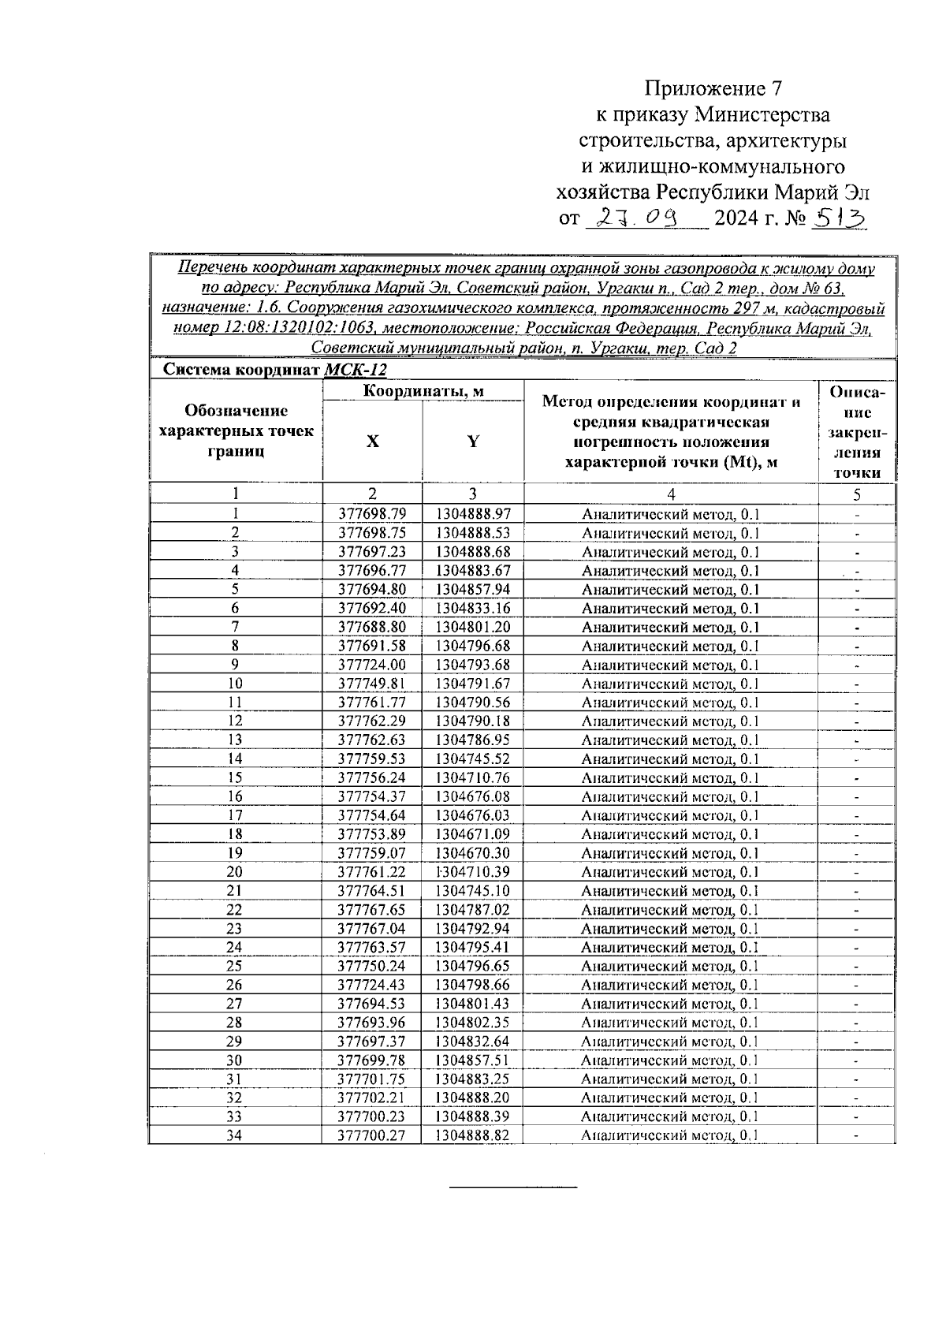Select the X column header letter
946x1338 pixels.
pyautogui.click(x=372, y=442)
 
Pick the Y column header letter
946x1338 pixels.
pyautogui.click(x=472, y=442)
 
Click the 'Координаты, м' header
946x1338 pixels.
pyautogui.click(x=423, y=391)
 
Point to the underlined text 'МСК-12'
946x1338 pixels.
pyautogui.click(x=356, y=370)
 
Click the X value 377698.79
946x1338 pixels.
pyautogui.click(x=372, y=514)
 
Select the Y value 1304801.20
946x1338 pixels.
pyautogui.click(x=472, y=628)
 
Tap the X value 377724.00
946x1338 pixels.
pyautogui.click(x=372, y=665)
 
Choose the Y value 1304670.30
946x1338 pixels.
pyautogui.click(x=472, y=853)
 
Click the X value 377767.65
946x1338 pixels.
pyautogui.click(x=372, y=910)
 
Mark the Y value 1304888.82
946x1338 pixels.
pyautogui.click(x=472, y=1136)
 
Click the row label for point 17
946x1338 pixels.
pyautogui.click(x=235, y=815)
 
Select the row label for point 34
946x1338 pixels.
pyautogui.click(x=235, y=1136)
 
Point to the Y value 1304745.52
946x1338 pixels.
pyautogui.click(x=472, y=759)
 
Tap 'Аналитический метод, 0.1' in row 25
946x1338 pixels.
pyautogui.click(x=670, y=967)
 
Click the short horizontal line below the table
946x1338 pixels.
pyautogui.click(x=513, y=1187)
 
